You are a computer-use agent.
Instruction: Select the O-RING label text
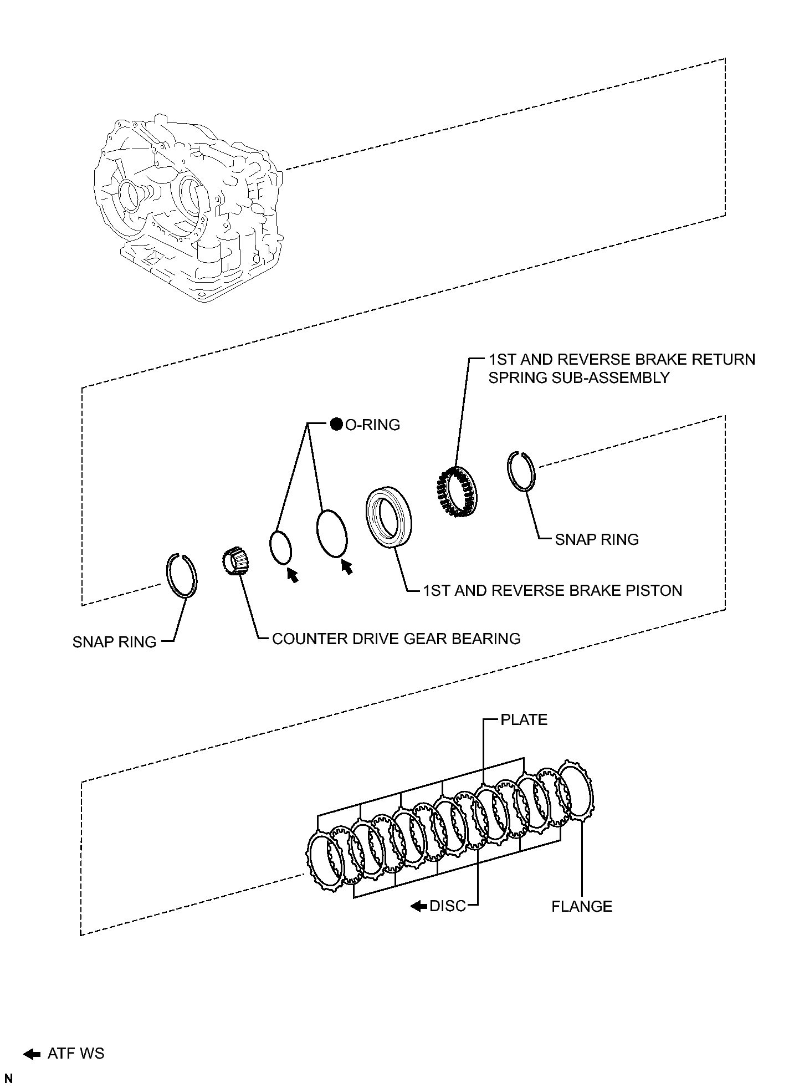pyautogui.click(x=372, y=425)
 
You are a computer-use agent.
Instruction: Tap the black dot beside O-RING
pyautogui.click(x=336, y=425)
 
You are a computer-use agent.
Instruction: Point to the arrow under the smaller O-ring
pyautogui.click(x=292, y=575)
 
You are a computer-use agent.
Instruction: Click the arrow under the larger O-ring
pyautogui.click(x=346, y=566)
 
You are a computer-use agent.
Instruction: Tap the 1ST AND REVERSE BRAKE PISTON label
pyautogui.click(x=552, y=590)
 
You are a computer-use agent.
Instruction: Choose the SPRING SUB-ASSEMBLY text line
pyautogui.click(x=579, y=377)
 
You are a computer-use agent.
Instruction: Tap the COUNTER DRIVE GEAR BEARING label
pyautogui.click(x=396, y=639)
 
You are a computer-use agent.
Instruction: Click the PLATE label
pyautogui.click(x=524, y=719)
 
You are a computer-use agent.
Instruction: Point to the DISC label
pyautogui.click(x=447, y=906)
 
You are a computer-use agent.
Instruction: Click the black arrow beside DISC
pyautogui.click(x=418, y=906)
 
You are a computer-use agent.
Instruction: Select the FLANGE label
pyautogui.click(x=582, y=906)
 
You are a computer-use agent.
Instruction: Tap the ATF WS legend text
pyautogui.click(x=76, y=1053)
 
